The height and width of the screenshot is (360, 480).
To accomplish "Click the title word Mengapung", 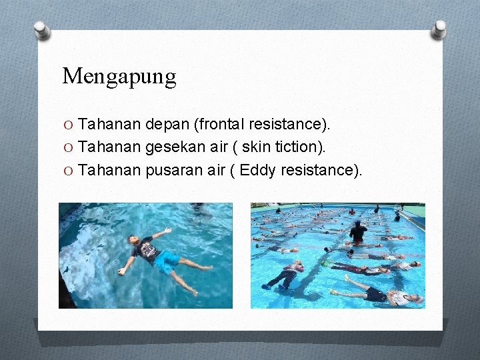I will [x=119, y=77].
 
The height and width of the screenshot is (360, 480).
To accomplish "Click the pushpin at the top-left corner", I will [x=42, y=30].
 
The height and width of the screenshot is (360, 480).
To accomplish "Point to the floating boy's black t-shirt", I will [x=146, y=251].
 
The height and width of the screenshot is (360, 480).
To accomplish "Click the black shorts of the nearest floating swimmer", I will [x=377, y=295].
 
